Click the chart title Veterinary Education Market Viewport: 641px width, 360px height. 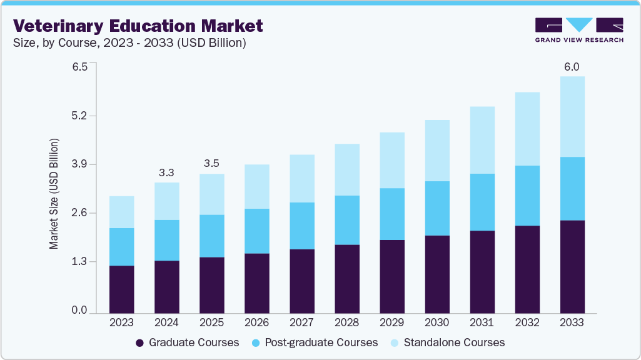[138, 26]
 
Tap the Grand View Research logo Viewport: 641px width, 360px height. [578, 30]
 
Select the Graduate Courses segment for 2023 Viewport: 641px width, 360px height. [121, 289]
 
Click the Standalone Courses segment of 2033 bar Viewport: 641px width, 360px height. [572, 117]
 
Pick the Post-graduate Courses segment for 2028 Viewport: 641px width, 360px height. [347, 220]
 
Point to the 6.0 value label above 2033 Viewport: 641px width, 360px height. [572, 67]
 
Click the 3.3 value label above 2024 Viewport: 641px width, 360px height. [166, 172]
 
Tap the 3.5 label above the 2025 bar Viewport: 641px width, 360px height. [211, 164]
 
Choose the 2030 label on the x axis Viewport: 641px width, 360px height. [437, 322]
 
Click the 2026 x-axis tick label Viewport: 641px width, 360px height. [256, 322]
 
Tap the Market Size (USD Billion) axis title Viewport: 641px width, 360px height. [54, 194]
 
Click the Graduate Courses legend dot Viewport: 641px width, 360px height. [140, 343]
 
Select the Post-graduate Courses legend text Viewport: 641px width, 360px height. [321, 342]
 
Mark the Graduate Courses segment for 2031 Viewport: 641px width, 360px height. [482, 272]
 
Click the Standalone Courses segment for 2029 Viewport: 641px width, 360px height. [392, 160]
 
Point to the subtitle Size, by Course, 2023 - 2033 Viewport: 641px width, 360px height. [130, 43]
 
